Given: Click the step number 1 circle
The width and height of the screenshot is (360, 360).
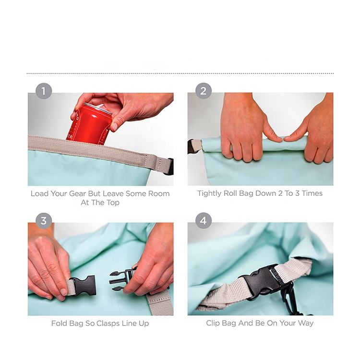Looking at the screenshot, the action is (44, 91).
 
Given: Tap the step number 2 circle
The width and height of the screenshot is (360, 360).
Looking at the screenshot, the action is (204, 91).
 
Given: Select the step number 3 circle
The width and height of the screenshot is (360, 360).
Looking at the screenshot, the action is (44, 221).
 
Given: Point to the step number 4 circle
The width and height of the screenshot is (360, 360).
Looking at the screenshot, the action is (204, 221).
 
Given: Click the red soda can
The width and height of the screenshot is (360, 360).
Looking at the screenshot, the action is (90, 124).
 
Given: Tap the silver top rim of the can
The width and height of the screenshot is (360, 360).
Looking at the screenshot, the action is (97, 108).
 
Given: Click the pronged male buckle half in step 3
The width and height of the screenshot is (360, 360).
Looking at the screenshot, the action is (122, 280).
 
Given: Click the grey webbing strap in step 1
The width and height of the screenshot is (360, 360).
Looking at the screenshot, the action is (99, 149).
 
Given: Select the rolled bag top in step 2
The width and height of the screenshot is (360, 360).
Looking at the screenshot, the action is (255, 144).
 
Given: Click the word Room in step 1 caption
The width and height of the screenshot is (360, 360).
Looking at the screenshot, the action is (159, 194).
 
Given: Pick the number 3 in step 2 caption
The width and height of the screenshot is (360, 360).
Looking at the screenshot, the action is (297, 193).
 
